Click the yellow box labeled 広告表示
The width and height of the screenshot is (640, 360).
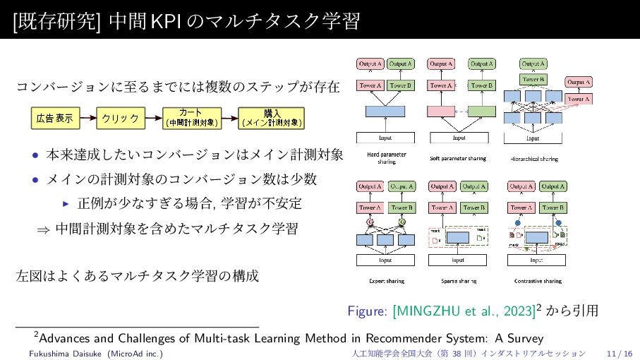tap(54, 118)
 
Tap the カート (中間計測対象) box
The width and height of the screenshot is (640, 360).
tap(191, 118)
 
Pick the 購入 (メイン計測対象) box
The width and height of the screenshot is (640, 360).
tap(272, 118)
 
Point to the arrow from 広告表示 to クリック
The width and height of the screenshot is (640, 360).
tap(87, 118)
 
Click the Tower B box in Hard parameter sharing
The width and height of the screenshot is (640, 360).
tap(401, 86)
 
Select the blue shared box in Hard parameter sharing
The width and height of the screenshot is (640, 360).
tap(385, 111)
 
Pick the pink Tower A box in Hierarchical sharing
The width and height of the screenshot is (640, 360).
tap(579, 99)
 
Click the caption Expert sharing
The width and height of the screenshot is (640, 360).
tap(387, 281)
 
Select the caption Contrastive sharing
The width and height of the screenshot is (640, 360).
tap(538, 281)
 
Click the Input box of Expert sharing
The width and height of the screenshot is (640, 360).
tap(385, 260)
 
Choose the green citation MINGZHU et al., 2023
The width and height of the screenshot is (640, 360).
tap(464, 311)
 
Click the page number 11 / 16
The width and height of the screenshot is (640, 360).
tap(619, 352)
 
